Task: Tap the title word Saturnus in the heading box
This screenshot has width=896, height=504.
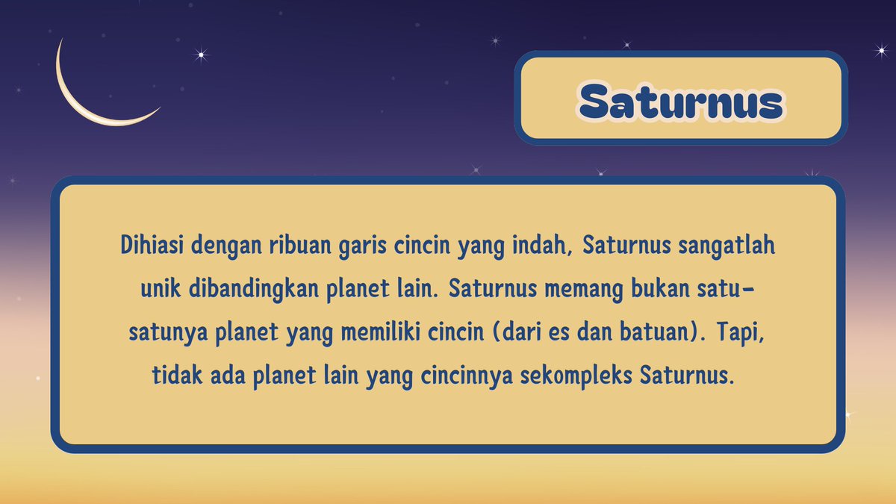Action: pyautogui.click(x=681, y=102)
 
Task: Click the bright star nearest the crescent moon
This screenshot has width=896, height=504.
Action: pyautogui.click(x=199, y=54)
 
